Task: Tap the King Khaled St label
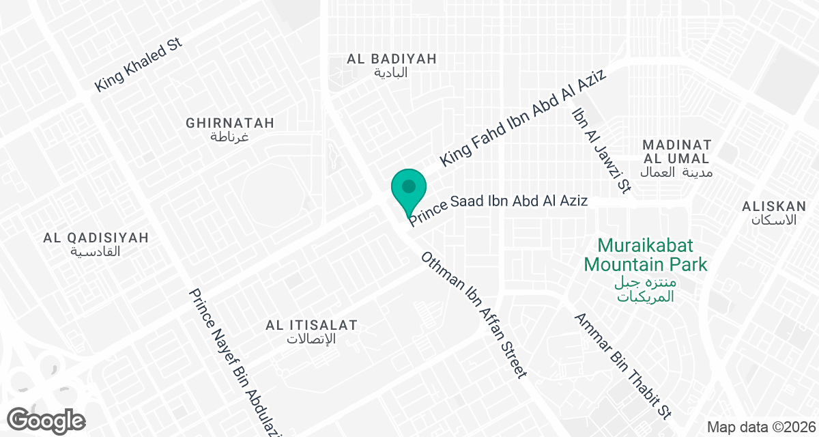pyautogui.click(x=139, y=66)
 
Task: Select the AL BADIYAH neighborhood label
pyautogui.click(x=391, y=59)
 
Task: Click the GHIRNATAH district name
pyautogui.click(x=230, y=123)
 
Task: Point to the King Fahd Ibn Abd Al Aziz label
pyautogui.click(x=523, y=117)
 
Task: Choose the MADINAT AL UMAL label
pyautogui.click(x=677, y=152)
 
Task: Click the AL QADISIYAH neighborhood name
pyautogui.click(x=96, y=238)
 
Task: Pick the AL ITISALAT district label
pyautogui.click(x=311, y=325)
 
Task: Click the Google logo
pyautogui.click(x=47, y=419)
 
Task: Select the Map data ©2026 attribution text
pyautogui.click(x=760, y=427)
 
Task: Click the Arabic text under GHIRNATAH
pyautogui.click(x=229, y=137)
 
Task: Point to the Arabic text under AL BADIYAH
pyautogui.click(x=391, y=72)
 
